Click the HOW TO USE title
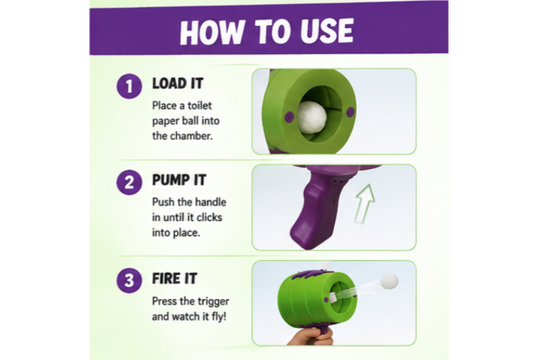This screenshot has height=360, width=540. pyautogui.click(x=267, y=32)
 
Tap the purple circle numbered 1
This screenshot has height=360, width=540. pyautogui.click(x=129, y=86)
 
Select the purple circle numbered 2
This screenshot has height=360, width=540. pyautogui.click(x=129, y=182)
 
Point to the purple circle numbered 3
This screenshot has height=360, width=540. pyautogui.click(x=129, y=280)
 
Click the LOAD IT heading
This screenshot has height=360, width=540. pyautogui.click(x=178, y=83)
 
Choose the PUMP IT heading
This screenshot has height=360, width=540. pyautogui.click(x=179, y=180)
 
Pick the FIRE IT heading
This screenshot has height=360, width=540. pyautogui.click(x=175, y=278)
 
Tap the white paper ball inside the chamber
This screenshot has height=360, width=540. pyautogui.click(x=312, y=117)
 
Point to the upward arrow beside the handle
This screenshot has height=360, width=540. pyautogui.click(x=365, y=204)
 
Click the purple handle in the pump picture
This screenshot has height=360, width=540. pyautogui.click(x=313, y=210)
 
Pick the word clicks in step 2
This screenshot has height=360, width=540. pyautogui.click(x=209, y=217)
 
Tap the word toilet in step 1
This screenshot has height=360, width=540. pyautogui.click(x=200, y=106)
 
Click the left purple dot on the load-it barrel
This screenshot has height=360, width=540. pyautogui.click(x=289, y=117)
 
